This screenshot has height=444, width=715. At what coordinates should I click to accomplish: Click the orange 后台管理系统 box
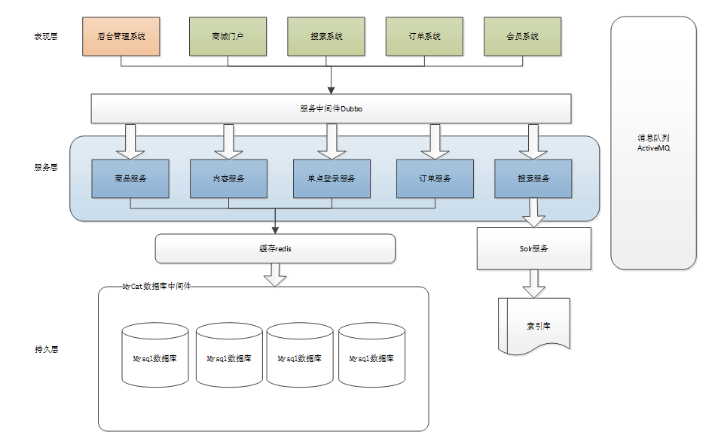tap(121, 36)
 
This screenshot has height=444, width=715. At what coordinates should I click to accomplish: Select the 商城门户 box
tap(228, 36)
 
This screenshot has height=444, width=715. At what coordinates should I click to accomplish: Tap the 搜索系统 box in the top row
tap(326, 36)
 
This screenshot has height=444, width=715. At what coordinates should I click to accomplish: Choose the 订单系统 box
tap(424, 36)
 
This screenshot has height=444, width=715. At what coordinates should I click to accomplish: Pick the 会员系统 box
tap(523, 36)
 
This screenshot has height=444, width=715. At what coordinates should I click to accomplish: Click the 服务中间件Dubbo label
tap(331, 109)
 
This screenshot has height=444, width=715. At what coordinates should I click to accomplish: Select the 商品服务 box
tap(130, 178)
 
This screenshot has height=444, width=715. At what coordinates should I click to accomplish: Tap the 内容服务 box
tap(228, 178)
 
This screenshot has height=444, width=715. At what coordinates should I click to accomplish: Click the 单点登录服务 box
tap(332, 178)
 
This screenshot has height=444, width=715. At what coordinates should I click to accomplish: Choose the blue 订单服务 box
tap(435, 178)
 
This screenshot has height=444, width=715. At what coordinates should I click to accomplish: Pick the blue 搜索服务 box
tap(533, 178)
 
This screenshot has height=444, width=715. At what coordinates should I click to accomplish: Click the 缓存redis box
tap(275, 248)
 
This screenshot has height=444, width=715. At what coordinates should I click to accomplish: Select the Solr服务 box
tap(534, 248)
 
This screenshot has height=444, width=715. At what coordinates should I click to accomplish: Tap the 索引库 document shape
tap(534, 326)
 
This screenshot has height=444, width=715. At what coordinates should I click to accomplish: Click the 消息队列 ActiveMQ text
tap(653, 142)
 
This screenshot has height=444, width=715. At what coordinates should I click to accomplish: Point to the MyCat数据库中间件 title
tap(157, 287)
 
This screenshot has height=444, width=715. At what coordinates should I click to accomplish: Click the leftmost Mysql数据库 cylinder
tap(155, 355)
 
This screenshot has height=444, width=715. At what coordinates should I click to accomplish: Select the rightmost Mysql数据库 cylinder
tap(371, 355)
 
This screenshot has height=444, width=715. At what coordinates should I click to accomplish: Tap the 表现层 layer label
tap(46, 36)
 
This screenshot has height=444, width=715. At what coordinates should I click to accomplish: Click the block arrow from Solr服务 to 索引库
tap(534, 284)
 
